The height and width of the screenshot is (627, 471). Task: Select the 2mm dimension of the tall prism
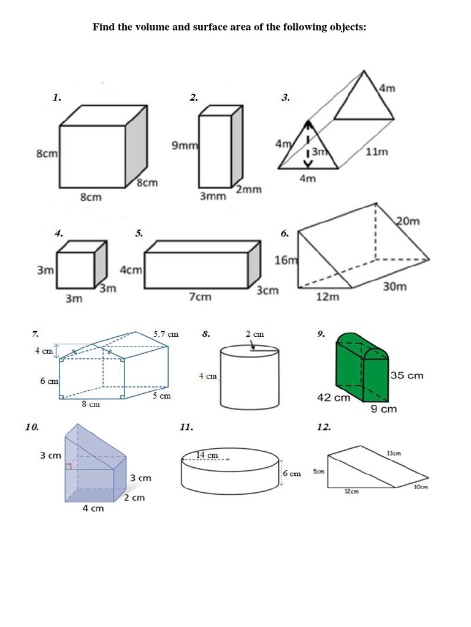(x=248, y=189)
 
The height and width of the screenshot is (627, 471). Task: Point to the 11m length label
(x=377, y=152)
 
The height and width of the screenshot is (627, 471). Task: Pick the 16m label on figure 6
(x=285, y=260)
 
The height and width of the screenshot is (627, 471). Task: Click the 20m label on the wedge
(x=408, y=221)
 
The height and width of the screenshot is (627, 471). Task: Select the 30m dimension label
(x=394, y=287)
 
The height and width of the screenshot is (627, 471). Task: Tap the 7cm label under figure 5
(x=200, y=296)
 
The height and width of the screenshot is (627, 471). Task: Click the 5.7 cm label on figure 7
(x=166, y=334)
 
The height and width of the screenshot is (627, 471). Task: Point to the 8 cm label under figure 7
(x=91, y=404)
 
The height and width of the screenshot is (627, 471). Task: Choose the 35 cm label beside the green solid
(x=407, y=375)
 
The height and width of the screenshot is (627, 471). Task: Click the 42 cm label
(x=333, y=397)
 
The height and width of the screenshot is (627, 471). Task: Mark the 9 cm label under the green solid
(x=384, y=409)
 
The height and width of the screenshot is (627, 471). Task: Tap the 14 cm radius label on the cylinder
(x=207, y=455)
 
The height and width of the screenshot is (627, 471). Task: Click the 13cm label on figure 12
(x=394, y=453)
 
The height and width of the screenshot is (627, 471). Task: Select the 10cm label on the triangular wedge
(x=420, y=487)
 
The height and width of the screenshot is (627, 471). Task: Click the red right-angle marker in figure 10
(x=69, y=467)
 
